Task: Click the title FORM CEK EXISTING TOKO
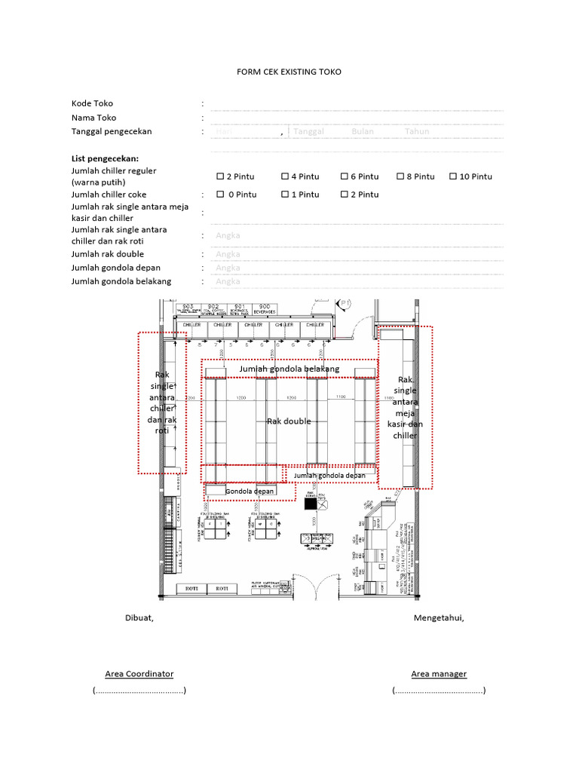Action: pyautogui.click(x=289, y=72)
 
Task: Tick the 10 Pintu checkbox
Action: pyautogui.click(x=453, y=176)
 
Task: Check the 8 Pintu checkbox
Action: pyautogui.click(x=400, y=176)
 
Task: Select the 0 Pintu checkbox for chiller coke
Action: pyautogui.click(x=220, y=195)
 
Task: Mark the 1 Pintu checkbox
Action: pyautogui.click(x=285, y=195)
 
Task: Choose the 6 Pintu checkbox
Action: pyautogui.click(x=344, y=176)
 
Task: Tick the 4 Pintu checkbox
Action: pyautogui.click(x=285, y=176)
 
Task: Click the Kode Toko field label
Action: pyautogui.click(x=92, y=103)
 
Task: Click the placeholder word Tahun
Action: pyautogui.click(x=417, y=131)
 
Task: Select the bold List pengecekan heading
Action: pyautogui.click(x=105, y=159)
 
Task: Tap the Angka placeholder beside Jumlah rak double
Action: pyautogui.click(x=228, y=254)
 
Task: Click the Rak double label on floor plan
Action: pyautogui.click(x=289, y=421)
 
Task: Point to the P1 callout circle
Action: pyautogui.click(x=345, y=304)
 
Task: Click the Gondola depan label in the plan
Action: pyautogui.click(x=250, y=491)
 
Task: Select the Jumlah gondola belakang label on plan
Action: pyautogui.click(x=289, y=369)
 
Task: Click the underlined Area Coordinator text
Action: pyautogui.click(x=139, y=673)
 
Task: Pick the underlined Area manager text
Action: pyautogui.click(x=439, y=673)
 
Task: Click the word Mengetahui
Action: pyautogui.click(x=439, y=618)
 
